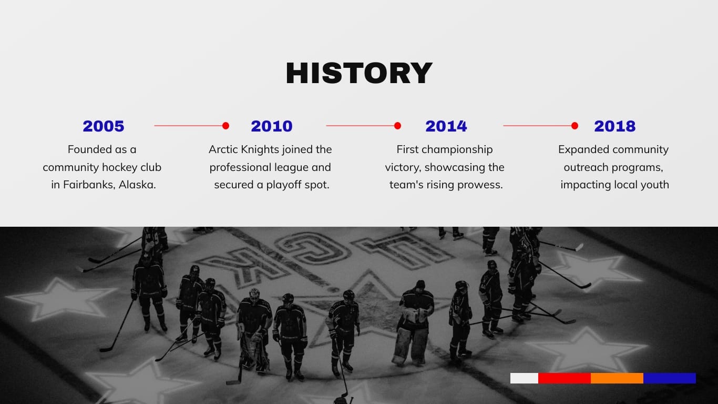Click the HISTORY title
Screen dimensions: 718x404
coord(359,73)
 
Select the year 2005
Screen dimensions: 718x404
coord(103,126)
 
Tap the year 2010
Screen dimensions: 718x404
coord(272,126)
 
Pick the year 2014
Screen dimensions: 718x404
coord(446,126)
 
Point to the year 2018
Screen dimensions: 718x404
coord(614,126)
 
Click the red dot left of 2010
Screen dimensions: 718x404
coord(225,126)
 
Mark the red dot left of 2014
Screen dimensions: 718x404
coord(397,126)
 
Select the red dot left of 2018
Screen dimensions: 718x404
coord(575,126)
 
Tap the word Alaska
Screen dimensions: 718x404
coord(137,185)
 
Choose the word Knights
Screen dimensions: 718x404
coord(260,150)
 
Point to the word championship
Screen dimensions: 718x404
coord(457,150)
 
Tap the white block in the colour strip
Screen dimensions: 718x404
coord(524,378)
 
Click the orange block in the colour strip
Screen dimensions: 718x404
coord(617,378)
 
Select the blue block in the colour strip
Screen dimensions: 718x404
coord(670,378)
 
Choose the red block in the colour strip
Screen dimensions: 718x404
coord(565,378)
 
